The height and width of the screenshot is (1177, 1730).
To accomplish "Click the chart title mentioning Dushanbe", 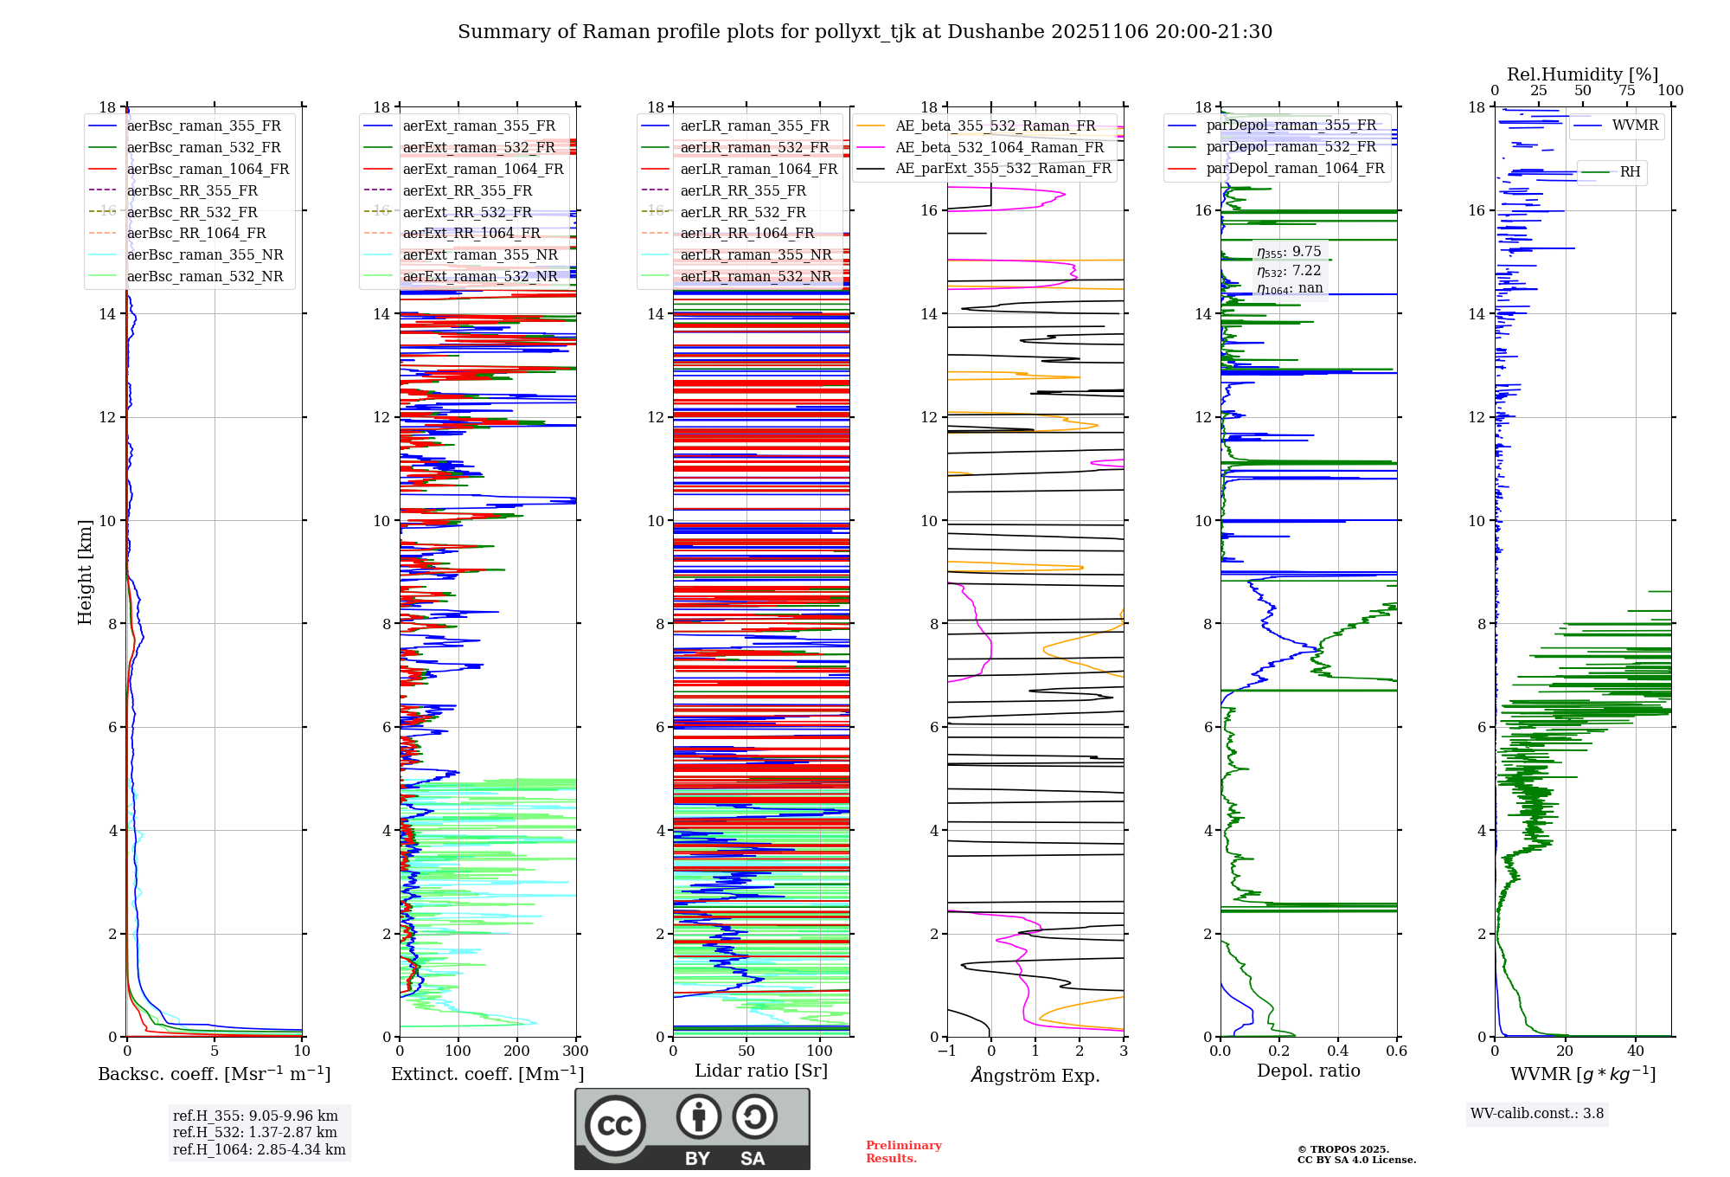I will click(865, 32).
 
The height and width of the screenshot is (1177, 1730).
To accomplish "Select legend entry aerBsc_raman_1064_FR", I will click(208, 169).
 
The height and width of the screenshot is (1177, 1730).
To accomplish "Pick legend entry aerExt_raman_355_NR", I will click(480, 254).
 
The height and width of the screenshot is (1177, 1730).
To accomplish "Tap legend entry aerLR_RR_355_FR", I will click(743, 190).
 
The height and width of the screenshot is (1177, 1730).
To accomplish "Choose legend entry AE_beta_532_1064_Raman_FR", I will click(1000, 147).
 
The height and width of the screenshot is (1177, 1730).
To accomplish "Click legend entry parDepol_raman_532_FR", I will click(1291, 146).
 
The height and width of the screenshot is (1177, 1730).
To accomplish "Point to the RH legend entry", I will click(1630, 171).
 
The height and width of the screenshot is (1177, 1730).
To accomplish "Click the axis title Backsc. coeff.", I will click(214, 1074).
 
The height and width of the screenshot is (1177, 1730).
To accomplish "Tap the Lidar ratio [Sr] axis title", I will click(761, 1071).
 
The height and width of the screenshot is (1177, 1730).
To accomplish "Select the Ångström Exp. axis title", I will click(1035, 1075).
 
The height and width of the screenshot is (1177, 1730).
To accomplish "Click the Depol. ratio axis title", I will click(1308, 1071).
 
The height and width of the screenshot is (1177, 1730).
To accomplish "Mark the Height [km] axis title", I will click(85, 571).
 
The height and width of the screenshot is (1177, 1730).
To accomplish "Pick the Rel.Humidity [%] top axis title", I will click(1582, 74).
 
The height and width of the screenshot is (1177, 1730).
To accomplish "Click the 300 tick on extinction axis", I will click(575, 1052).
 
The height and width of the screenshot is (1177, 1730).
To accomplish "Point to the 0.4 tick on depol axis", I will click(1337, 1052).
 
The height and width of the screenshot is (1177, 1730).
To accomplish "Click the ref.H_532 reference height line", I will click(254, 1132).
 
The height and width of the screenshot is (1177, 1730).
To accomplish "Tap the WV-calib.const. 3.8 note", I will click(1536, 1113).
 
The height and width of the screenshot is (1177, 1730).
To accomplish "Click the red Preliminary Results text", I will click(903, 1151).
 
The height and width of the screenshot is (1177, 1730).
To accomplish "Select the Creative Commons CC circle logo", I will click(615, 1125).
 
